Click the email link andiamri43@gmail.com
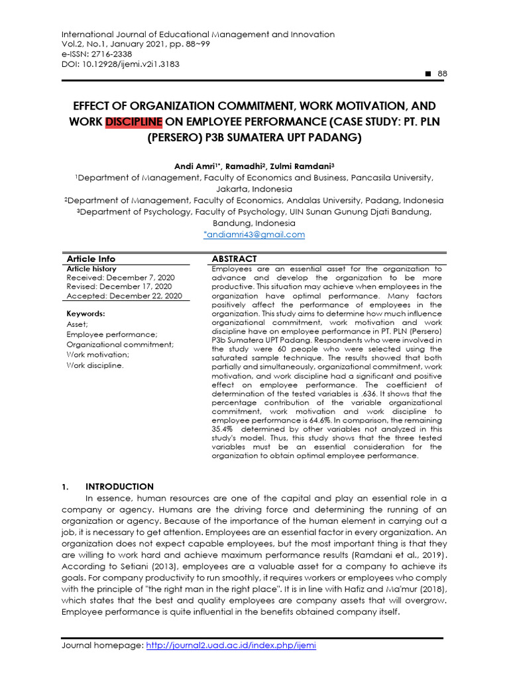(254, 234)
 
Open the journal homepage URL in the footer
(230, 646)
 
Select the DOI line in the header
(120, 64)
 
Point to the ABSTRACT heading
(234, 259)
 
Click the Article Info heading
(91, 259)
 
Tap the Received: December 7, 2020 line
(121, 277)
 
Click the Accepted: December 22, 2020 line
(124, 296)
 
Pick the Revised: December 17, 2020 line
(119, 286)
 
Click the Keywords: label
(86, 314)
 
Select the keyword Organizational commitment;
(120, 345)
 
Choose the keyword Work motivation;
(98, 355)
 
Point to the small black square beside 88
(427, 74)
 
